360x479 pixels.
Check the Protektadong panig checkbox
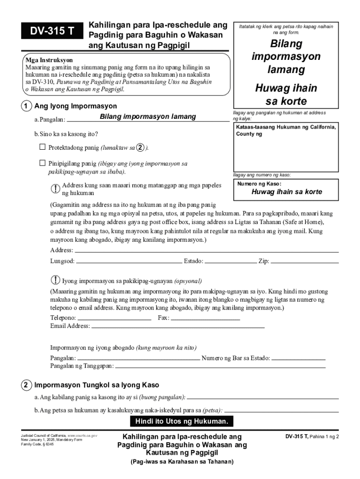43,147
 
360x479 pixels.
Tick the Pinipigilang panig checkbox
43,163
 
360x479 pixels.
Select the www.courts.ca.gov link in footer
83,435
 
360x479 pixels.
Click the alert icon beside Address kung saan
55,188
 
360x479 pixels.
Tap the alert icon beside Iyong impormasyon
55,280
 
